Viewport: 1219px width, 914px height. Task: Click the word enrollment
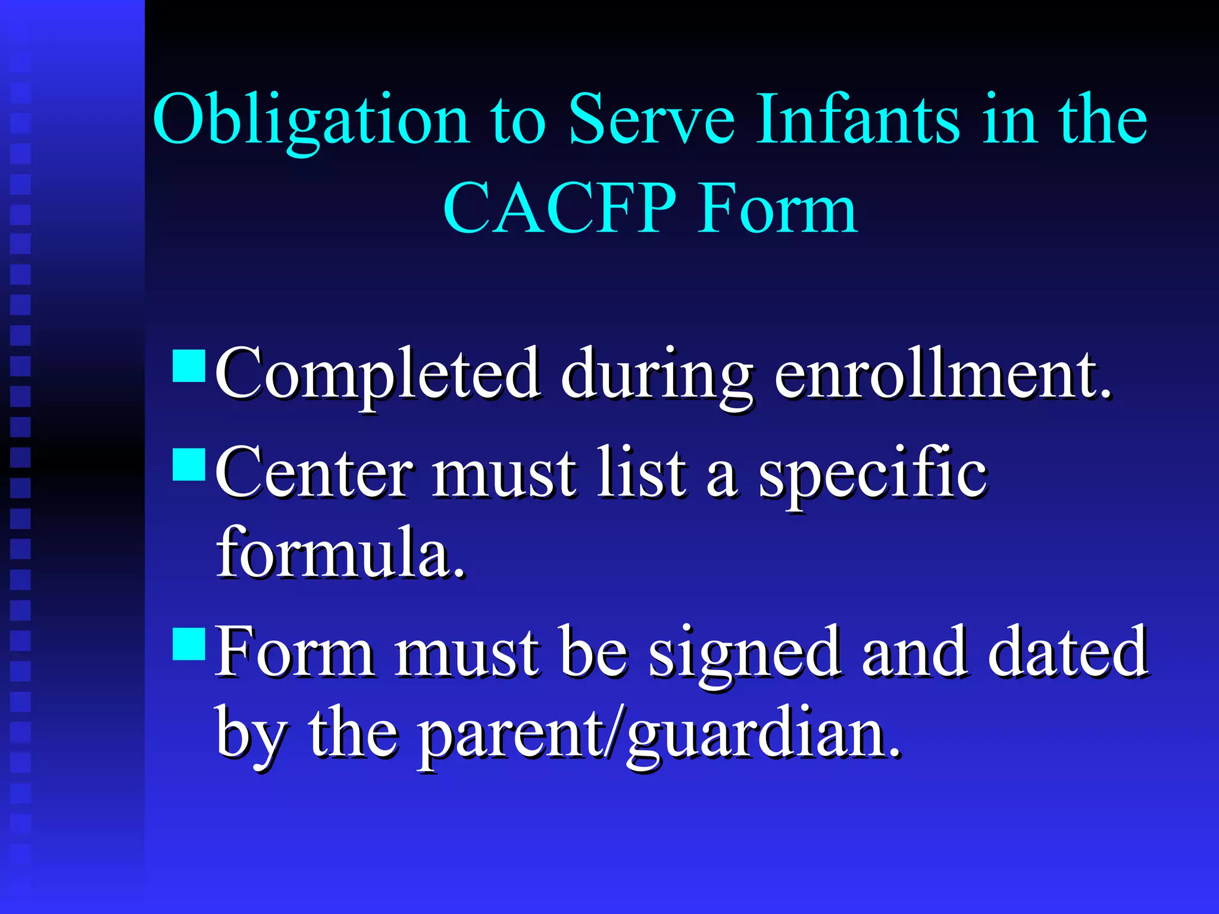pos(943,374)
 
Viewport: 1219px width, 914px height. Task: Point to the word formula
pos(340,553)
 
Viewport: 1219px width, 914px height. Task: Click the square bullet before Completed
pos(189,365)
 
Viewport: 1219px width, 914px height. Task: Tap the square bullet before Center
pos(189,464)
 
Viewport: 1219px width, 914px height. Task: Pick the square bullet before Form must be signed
pos(189,644)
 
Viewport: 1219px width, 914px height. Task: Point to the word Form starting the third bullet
pos(295,653)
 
